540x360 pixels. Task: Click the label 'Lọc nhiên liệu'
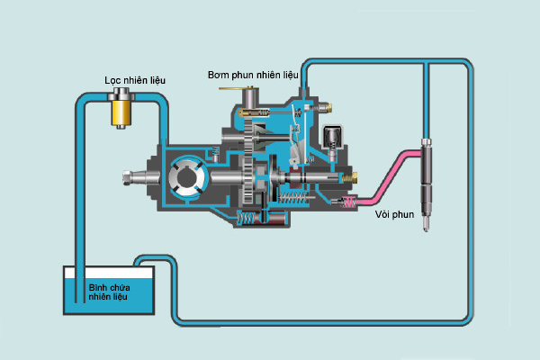pos(135,81)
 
